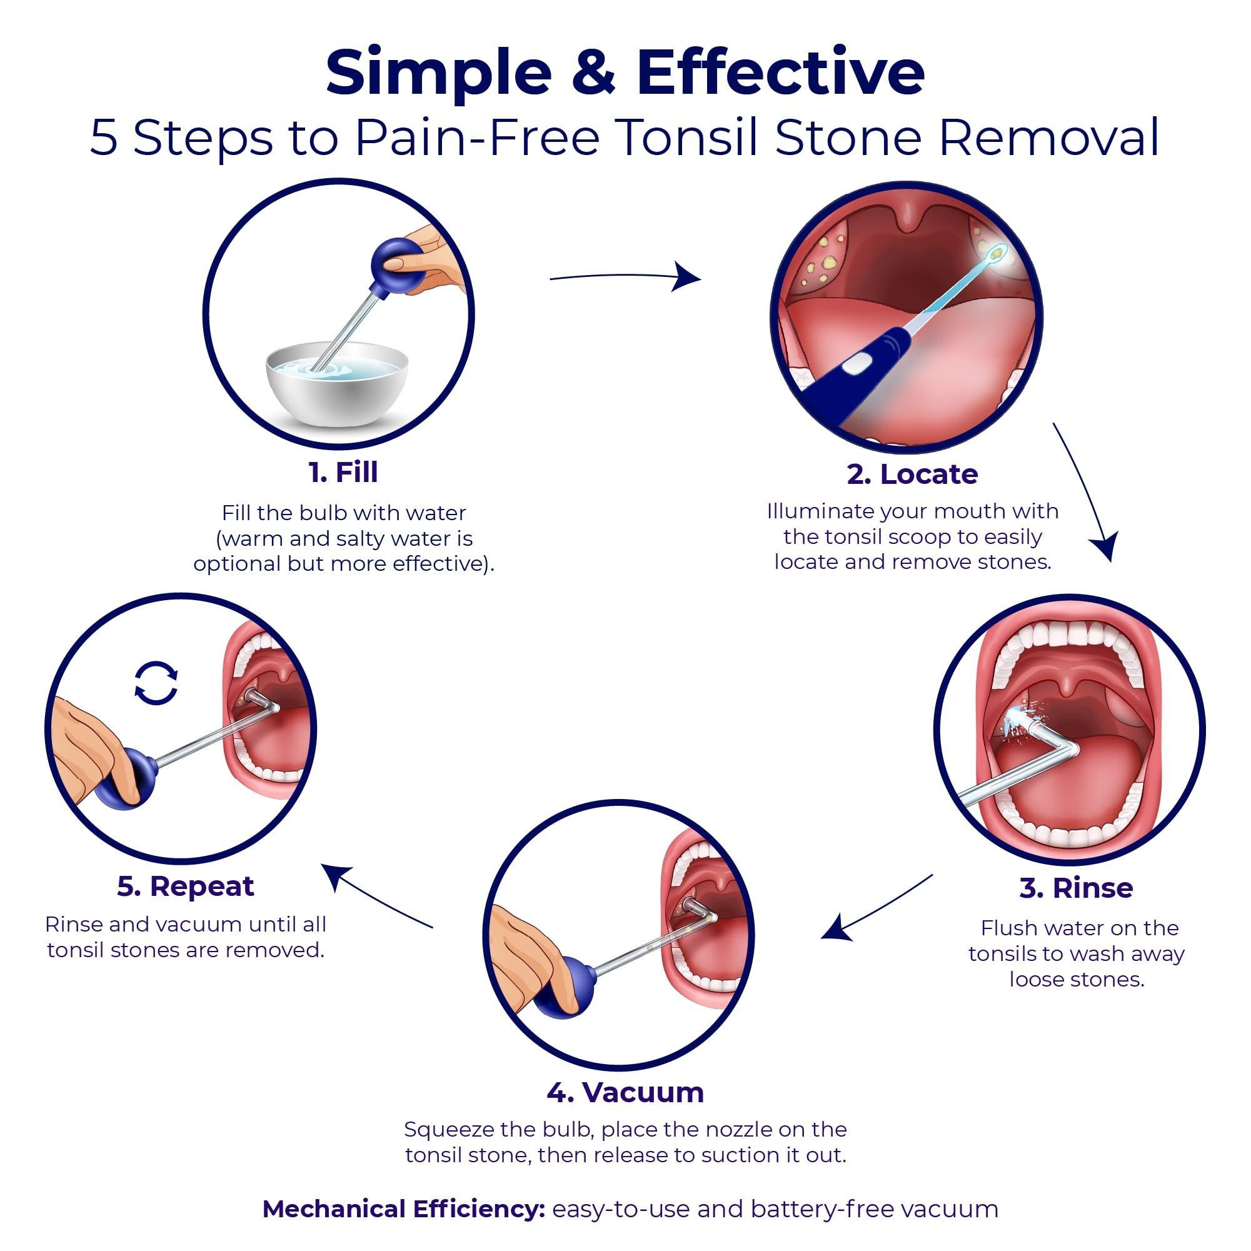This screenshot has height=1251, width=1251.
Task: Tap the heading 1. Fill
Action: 343,472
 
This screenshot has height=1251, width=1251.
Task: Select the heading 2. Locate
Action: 912,475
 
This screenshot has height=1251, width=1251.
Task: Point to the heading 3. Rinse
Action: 1075,888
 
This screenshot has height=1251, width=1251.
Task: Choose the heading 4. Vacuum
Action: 625,1092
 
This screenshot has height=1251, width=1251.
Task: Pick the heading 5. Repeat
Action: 186,887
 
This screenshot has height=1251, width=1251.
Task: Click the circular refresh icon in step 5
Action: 156,683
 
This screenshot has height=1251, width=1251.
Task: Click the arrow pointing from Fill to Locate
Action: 625,277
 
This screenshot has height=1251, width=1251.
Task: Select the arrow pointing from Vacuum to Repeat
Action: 379,897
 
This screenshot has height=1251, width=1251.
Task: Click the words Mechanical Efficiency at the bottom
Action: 403,1209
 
